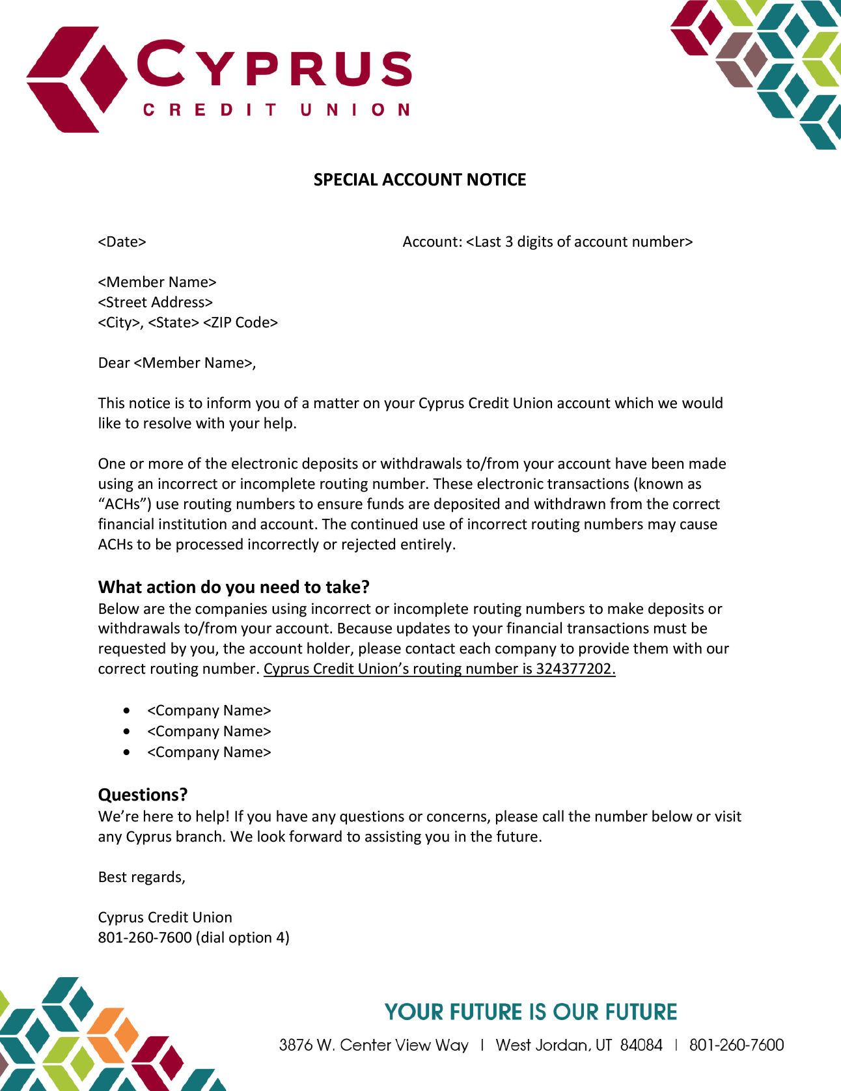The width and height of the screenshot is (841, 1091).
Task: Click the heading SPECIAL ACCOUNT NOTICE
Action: coord(420,180)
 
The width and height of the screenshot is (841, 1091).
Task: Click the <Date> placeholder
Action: coord(122,242)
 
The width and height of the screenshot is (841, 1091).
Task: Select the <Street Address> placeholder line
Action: coord(156,303)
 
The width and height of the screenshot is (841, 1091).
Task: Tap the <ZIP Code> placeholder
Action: coord(240,323)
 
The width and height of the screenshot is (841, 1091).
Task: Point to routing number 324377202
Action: coord(575,669)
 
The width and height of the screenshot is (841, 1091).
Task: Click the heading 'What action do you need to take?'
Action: coord(234,587)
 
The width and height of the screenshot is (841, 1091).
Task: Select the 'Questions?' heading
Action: coord(143,795)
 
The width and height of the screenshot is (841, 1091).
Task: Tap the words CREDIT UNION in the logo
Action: coord(276,109)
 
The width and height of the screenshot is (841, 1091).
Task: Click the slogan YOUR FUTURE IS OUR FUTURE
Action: coord(531,1012)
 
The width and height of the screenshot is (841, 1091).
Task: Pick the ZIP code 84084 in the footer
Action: coord(641,1045)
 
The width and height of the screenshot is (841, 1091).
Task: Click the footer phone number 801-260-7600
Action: coord(736,1045)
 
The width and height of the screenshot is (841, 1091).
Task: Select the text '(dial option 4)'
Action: coord(243,938)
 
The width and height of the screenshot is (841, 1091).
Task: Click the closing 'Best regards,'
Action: coord(142,877)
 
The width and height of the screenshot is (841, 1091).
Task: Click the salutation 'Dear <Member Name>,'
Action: coord(177,363)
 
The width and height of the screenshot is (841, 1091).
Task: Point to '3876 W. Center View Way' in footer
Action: coord(374,1045)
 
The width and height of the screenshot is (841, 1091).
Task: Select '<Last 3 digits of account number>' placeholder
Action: coord(579,242)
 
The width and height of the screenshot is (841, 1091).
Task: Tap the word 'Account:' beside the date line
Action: coord(432,242)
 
